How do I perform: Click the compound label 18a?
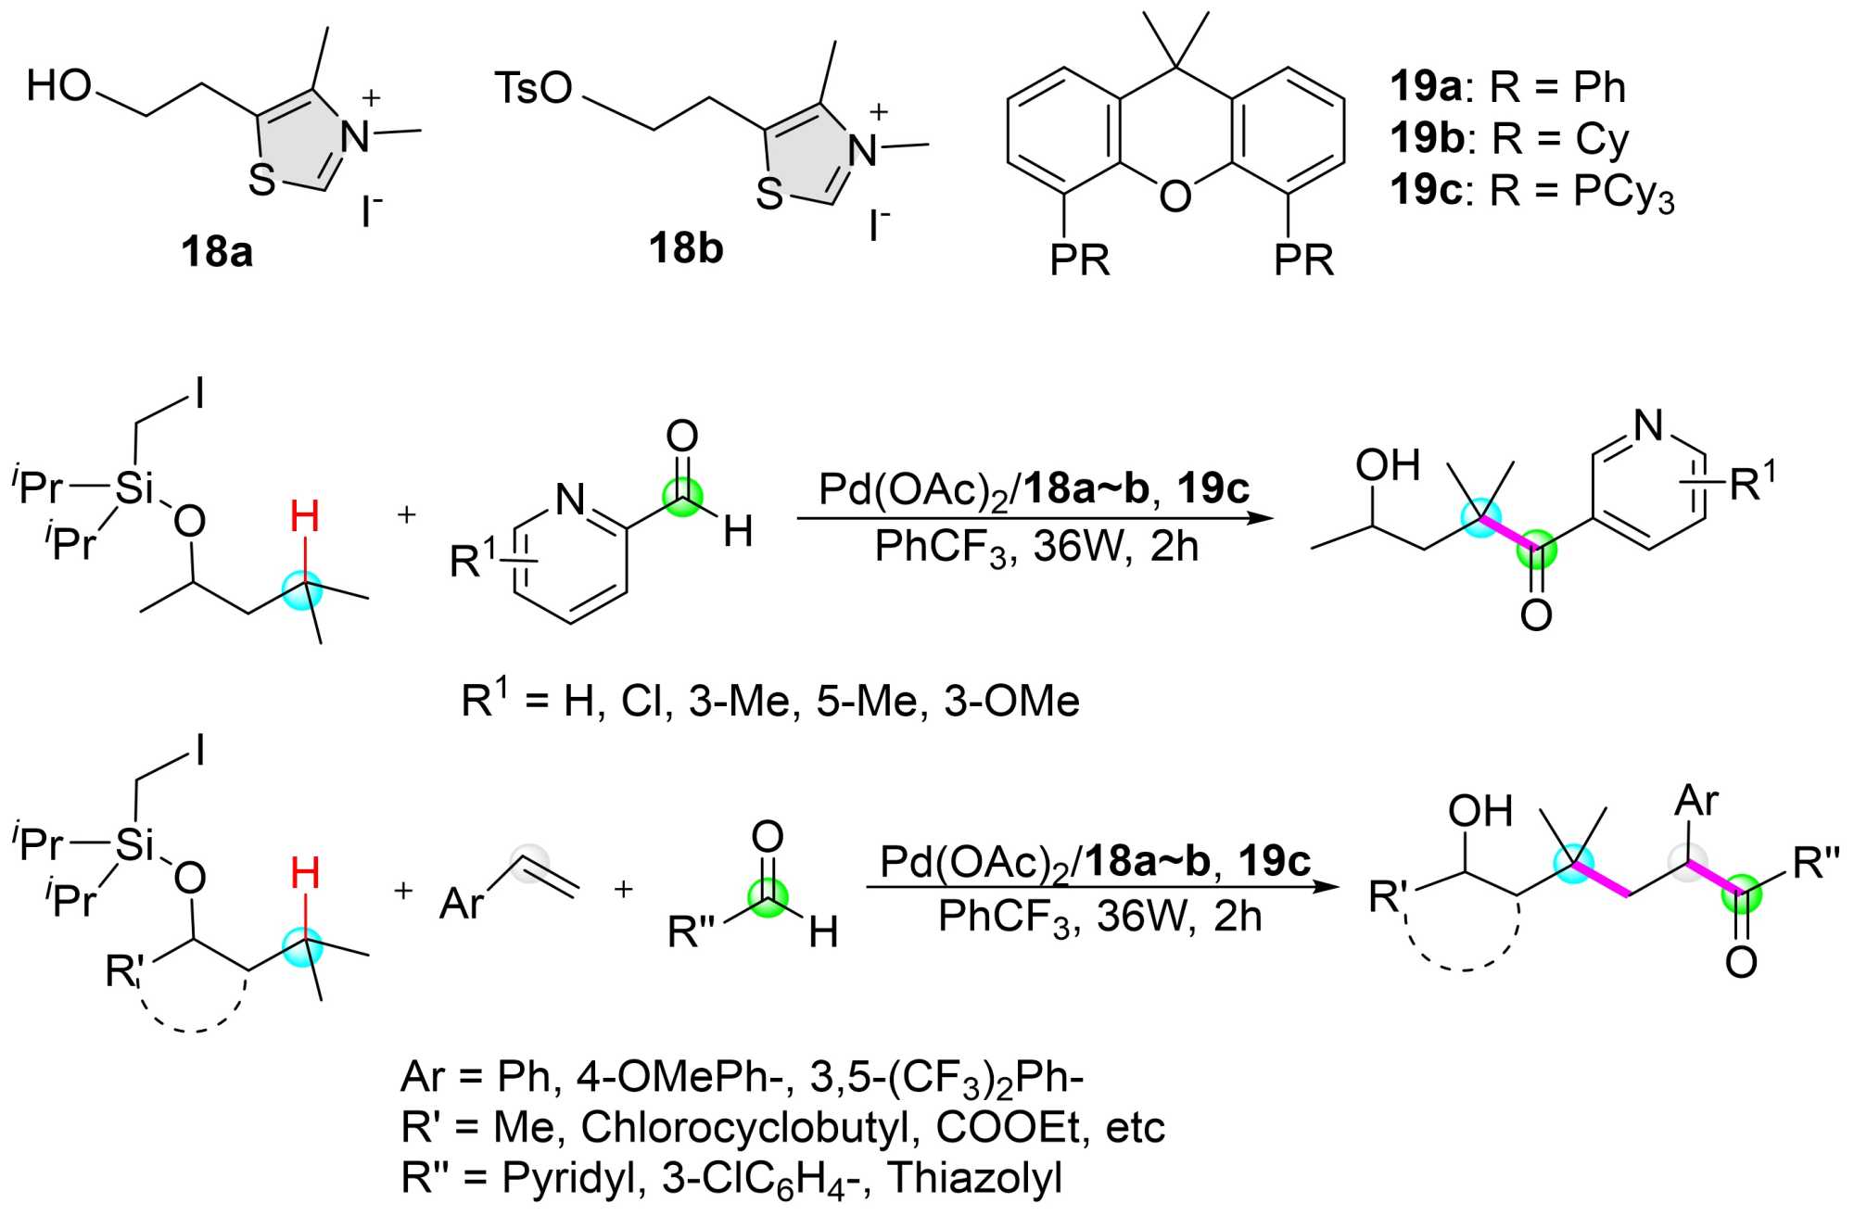[217, 252]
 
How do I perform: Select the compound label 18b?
[686, 248]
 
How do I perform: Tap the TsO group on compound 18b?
[533, 88]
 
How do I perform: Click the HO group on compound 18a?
[59, 85]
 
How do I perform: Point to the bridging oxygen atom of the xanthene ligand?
[1175, 196]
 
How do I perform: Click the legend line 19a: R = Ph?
[1507, 87]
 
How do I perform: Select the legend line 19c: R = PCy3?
[1531, 192]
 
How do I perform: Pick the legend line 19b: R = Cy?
[1509, 139]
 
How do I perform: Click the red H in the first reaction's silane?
[305, 517]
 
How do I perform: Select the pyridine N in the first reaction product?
[1648, 425]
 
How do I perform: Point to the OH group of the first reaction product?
[1388, 465]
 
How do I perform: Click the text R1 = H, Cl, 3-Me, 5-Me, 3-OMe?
[770, 701]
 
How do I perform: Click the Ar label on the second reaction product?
[1696, 800]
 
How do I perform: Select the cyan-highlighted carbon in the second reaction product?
[1573, 864]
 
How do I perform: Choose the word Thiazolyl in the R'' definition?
[975, 1178]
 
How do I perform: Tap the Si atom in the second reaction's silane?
[134, 843]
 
